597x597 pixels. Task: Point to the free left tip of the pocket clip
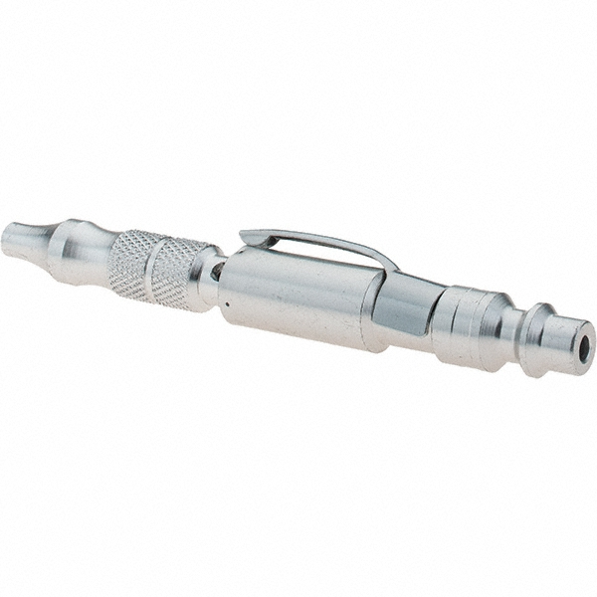(245, 236)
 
